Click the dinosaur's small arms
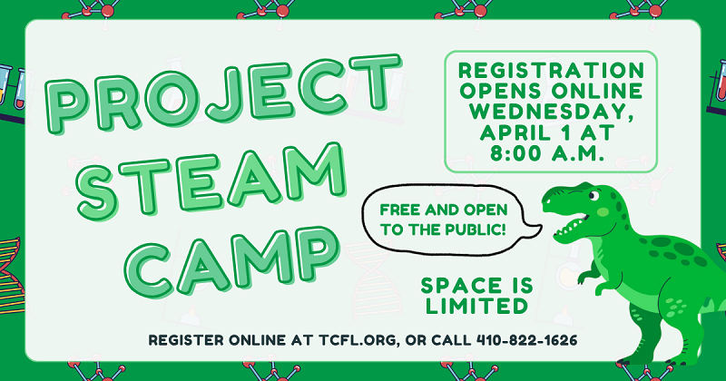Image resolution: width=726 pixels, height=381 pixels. coord(581,269)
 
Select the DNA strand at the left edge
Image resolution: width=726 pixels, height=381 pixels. coord(11,263)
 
